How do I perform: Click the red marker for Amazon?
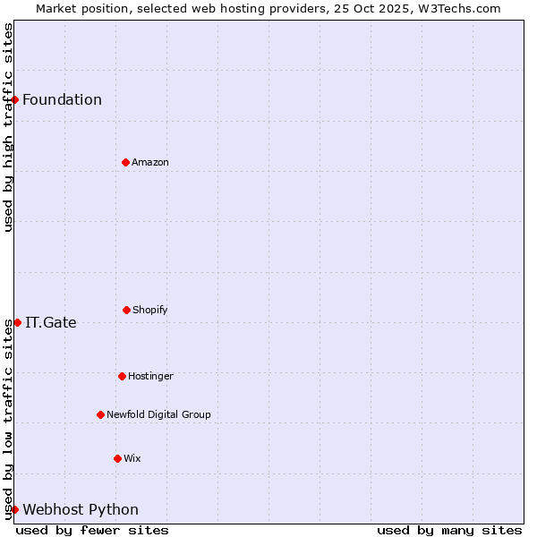coord(125,162)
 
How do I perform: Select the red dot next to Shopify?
coord(126,310)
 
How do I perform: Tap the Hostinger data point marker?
coord(122,376)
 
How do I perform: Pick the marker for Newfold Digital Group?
coord(100,414)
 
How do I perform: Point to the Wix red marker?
coord(117,458)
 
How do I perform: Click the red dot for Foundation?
coord(15,99)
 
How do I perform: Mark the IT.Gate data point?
coord(17,322)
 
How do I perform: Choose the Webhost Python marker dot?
coord(15,509)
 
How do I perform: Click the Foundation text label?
coord(62,99)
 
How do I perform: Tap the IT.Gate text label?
coord(51,322)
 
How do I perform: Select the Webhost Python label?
coord(81,510)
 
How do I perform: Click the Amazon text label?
coord(150,162)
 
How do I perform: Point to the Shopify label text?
coord(150,310)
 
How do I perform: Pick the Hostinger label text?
coord(150,376)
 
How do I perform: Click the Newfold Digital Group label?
coord(158,414)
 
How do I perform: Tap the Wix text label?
coord(132,458)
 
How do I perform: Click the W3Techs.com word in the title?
coord(457,8)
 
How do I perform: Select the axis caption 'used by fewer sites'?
coord(92,530)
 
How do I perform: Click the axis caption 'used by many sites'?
coord(449,530)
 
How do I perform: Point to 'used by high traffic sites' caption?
coord(8,128)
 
